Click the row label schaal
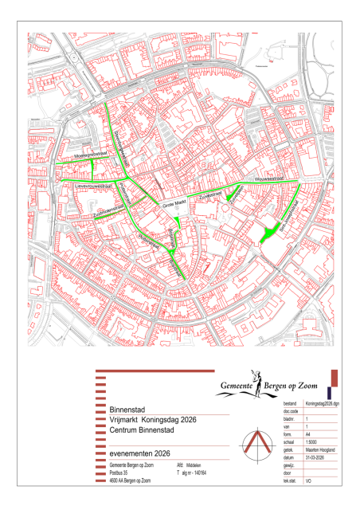pyautogui.click(x=290, y=440)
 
